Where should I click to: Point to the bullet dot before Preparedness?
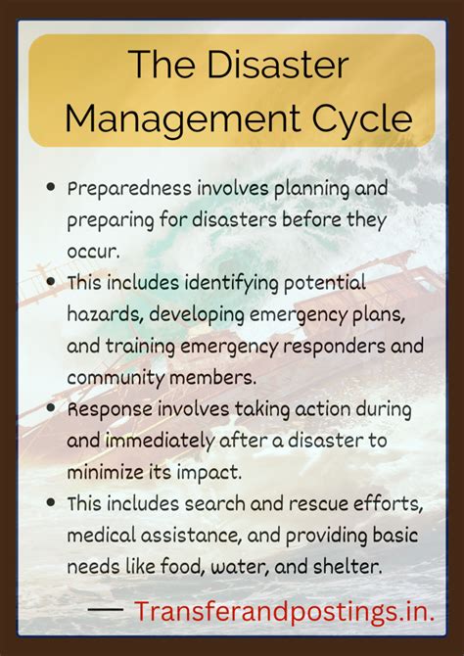coord(49,186)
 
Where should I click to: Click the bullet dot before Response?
coord(49,409)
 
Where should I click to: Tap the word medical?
coord(102,535)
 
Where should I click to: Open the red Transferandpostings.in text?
coord(284,613)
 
